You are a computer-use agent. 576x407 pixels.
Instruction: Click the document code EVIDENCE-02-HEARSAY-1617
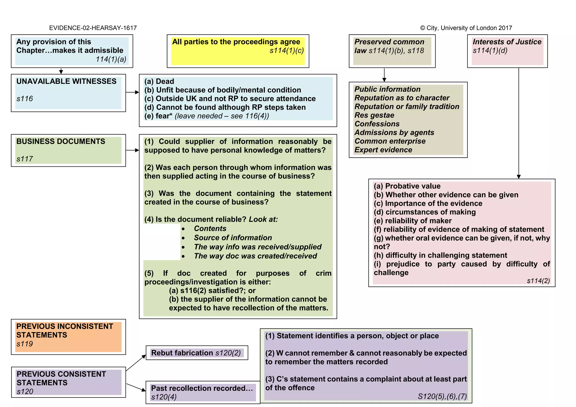pyautogui.click(x=93, y=28)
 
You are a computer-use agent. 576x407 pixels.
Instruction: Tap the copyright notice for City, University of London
pyautogui.click(x=466, y=28)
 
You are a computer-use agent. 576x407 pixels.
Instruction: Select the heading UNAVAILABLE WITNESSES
pyautogui.click(x=66, y=82)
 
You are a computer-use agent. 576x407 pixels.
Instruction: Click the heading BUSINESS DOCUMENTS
pyautogui.click(x=61, y=141)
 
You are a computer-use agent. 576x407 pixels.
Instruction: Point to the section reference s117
pyautogui.click(x=25, y=159)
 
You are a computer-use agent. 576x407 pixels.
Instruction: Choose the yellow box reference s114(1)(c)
pyautogui.click(x=287, y=51)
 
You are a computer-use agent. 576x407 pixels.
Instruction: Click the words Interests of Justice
pyautogui.click(x=507, y=42)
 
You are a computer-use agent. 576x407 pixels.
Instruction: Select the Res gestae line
pyautogui.click(x=374, y=115)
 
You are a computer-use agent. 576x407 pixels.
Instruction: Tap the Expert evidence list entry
pyautogui.click(x=383, y=150)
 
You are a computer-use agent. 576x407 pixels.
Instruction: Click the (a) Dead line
pyautogui.click(x=159, y=82)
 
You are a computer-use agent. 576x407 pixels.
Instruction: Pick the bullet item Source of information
pyautogui.click(x=233, y=238)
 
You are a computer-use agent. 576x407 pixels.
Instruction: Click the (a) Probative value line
pyautogui.click(x=407, y=186)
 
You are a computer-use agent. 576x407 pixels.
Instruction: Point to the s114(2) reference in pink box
pyautogui.click(x=538, y=281)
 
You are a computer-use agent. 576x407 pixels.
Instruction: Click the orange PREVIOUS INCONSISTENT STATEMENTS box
pyautogui.click(x=68, y=336)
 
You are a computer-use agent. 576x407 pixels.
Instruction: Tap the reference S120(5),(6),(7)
pyautogui.click(x=442, y=396)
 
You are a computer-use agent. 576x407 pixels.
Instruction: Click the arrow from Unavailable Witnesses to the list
pyautogui.click(x=132, y=92)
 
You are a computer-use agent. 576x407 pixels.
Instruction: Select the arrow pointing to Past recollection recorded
pyautogui.click(x=136, y=387)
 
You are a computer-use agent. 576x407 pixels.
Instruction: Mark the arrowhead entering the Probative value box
pyautogui.click(x=519, y=177)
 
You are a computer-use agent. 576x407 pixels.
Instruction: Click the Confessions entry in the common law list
pyautogui.click(x=377, y=124)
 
